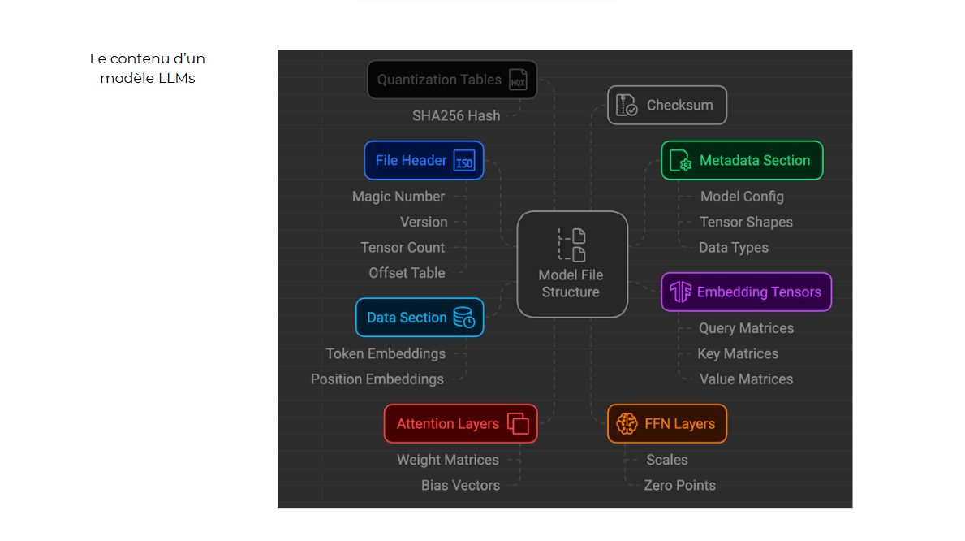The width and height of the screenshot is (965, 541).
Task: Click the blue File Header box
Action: (x=424, y=161)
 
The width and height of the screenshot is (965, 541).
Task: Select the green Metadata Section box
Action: (x=742, y=161)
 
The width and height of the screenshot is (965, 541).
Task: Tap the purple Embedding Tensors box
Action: (x=746, y=292)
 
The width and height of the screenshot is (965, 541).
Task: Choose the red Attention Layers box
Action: (x=460, y=424)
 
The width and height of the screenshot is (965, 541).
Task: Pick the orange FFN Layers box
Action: (x=666, y=424)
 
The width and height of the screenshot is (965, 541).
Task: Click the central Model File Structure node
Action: (x=572, y=264)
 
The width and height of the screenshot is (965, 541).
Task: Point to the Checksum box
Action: (x=666, y=106)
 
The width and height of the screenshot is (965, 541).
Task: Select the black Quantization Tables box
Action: (x=452, y=80)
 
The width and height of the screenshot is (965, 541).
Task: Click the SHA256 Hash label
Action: (x=456, y=115)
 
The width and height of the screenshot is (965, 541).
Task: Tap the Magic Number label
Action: (x=398, y=197)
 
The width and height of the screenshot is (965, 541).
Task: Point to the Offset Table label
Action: (x=407, y=273)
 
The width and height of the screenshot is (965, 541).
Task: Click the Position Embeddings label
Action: (x=377, y=379)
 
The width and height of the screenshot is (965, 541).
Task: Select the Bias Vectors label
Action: (x=460, y=486)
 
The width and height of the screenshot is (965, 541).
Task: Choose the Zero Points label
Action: (x=679, y=486)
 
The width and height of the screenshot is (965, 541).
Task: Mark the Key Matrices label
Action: (x=738, y=354)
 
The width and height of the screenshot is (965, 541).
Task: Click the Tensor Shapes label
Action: (x=746, y=223)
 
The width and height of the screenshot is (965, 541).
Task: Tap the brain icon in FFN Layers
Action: (x=627, y=424)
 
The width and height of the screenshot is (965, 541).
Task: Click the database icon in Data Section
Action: (x=464, y=318)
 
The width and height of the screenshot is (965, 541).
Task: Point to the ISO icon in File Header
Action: (x=463, y=161)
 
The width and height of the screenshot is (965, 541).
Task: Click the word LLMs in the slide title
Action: (x=177, y=79)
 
